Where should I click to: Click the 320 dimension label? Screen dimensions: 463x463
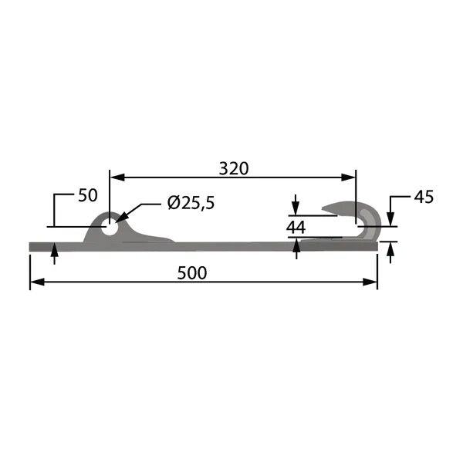pyautogui.click(x=234, y=168)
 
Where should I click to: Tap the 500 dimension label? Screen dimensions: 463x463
pyautogui.click(x=192, y=273)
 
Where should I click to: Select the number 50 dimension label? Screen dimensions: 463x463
pyautogui.click(x=88, y=195)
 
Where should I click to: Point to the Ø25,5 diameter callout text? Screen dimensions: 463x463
pyautogui.click(x=191, y=203)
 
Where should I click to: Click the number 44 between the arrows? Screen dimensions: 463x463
pyautogui.click(x=296, y=228)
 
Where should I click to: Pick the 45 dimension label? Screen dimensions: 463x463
pyautogui.click(x=424, y=197)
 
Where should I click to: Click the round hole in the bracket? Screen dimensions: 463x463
pyautogui.click(x=110, y=228)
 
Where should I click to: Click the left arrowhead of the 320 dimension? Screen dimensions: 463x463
pyautogui.click(x=117, y=177)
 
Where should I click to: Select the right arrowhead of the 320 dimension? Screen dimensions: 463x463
pyautogui.click(x=348, y=177)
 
